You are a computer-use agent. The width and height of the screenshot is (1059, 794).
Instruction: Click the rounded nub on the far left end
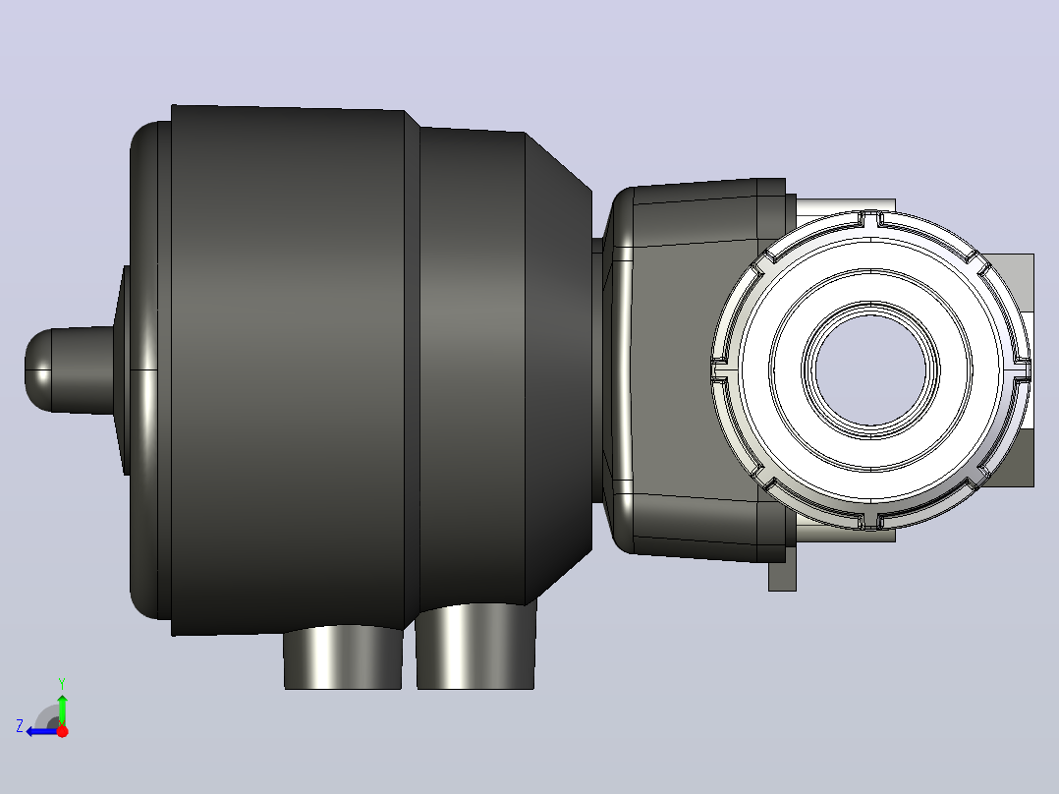tap(68, 370)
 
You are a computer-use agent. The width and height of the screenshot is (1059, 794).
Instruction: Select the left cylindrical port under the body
tap(343, 656)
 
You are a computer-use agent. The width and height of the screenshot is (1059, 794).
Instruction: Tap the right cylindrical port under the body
tap(475, 647)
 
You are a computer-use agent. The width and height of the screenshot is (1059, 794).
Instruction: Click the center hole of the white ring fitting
tap(870, 369)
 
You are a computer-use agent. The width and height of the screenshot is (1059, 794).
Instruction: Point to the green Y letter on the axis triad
tap(62, 683)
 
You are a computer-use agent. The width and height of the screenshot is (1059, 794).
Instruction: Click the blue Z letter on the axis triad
tap(20, 726)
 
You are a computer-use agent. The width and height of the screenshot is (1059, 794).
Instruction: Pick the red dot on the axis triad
tap(62, 731)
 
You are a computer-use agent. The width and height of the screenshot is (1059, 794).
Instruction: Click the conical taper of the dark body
tap(559, 369)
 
